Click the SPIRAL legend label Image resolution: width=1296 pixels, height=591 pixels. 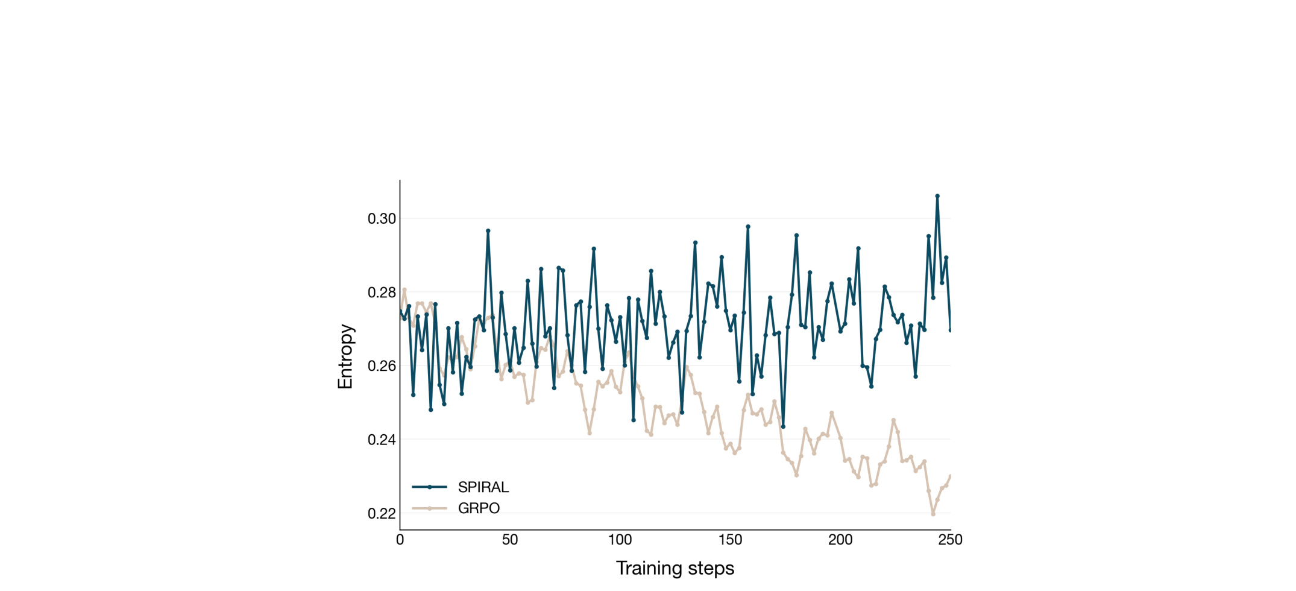483,487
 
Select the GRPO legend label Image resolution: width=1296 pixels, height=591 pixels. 479,508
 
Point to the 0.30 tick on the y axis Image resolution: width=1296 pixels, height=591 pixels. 382,219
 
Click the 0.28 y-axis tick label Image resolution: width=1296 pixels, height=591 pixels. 382,292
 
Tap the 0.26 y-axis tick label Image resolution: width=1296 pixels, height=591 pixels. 382,366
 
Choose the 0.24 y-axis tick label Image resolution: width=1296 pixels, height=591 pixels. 382,440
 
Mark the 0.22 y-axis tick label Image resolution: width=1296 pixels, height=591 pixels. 382,514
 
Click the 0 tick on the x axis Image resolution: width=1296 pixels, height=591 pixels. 400,540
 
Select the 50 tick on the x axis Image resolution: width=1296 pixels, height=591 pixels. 510,540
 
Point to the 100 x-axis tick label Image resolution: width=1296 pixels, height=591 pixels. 620,540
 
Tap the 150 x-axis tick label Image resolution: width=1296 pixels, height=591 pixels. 730,540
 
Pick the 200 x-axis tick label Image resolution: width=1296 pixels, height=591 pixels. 840,540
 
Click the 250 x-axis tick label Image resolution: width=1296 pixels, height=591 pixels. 950,540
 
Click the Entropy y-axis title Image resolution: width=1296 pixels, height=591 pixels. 345,356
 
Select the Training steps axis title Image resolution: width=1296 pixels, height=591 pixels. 675,569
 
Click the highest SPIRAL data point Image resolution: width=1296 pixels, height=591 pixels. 937,196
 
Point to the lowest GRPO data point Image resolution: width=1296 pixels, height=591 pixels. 933,514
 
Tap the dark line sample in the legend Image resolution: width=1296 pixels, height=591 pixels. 429,487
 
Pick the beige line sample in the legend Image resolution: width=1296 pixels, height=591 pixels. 429,508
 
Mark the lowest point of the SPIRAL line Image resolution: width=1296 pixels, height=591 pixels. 783,427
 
